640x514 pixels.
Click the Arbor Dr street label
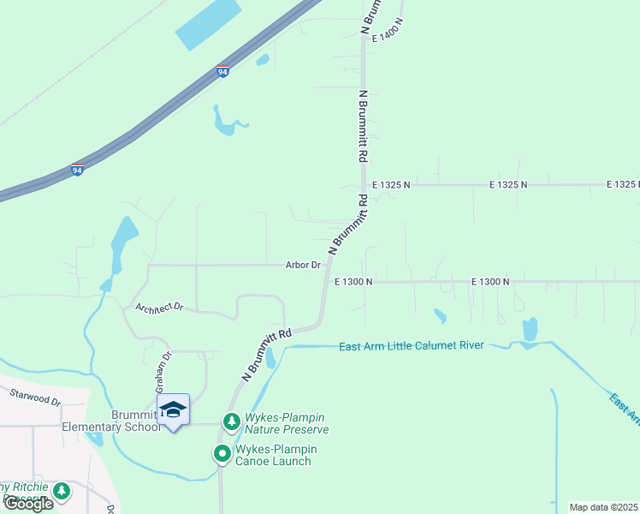coord(303,266)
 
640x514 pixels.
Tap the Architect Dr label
coord(160,307)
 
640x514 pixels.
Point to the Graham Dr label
coord(163,371)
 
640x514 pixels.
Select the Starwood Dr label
coord(36,397)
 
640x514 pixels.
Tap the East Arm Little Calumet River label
coord(412,346)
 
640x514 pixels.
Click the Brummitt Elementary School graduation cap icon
coord(173,409)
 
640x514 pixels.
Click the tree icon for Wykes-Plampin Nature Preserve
coord(231,421)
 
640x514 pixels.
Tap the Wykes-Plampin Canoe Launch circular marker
coord(222,453)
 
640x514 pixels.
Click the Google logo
coord(28,503)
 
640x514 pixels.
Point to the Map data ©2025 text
coord(604,507)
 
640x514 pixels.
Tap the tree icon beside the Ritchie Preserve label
coord(61,491)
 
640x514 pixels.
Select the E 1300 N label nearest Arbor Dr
coord(354,281)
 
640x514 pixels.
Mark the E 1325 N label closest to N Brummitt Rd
coord(391,184)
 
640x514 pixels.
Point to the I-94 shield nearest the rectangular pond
coord(222,70)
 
